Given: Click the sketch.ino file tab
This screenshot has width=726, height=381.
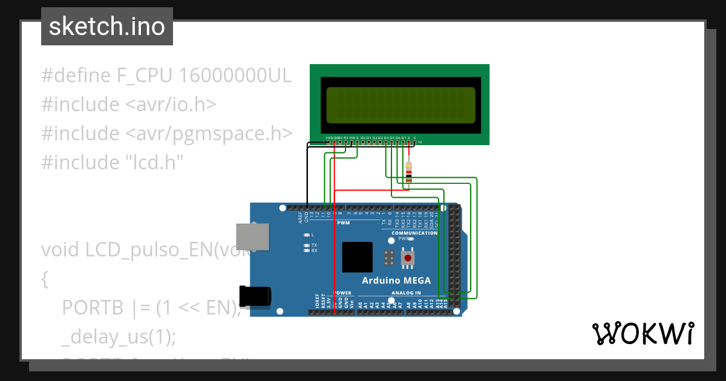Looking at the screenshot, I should click(107, 27).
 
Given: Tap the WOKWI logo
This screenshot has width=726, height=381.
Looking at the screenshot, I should click(642, 334).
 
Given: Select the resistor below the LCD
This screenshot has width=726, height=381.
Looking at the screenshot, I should click(410, 172).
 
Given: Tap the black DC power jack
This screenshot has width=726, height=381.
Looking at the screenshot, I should click(253, 296).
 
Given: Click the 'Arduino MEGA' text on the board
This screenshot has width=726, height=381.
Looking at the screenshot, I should click(396, 280).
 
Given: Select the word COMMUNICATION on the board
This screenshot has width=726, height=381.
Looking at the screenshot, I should click(414, 233).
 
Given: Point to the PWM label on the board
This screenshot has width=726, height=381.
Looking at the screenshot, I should click(343, 223).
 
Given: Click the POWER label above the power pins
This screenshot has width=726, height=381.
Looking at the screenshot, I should click(342, 293).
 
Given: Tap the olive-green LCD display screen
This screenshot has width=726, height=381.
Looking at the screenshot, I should click(401, 104).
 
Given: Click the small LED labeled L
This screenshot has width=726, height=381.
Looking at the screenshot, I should click(307, 235).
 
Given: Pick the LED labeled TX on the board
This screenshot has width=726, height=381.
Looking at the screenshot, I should click(307, 245).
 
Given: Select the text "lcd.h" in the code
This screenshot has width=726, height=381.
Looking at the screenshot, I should click(153, 162).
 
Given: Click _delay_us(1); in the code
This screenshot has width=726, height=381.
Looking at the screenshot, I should click(119, 337).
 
